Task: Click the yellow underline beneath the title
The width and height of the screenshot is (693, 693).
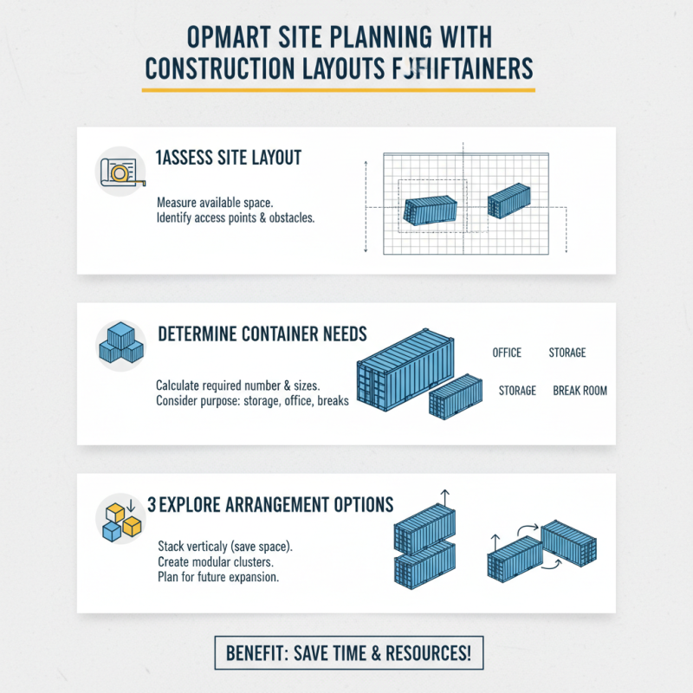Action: coord(338,88)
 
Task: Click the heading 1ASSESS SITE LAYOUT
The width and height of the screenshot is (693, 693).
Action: coord(229,158)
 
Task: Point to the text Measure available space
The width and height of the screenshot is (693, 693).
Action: coord(216,202)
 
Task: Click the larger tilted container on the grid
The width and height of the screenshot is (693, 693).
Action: coord(431,210)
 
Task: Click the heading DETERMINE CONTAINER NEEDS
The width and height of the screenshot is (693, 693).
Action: coord(262,334)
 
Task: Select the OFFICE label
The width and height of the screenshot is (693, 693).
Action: coord(507,353)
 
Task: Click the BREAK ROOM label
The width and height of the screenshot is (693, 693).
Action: coord(580,391)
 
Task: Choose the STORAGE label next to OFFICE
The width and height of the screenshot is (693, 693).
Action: coord(567,353)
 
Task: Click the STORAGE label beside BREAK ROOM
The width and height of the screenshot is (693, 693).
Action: coord(517,391)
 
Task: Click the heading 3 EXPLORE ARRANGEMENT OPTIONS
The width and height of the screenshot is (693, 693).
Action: coord(270,505)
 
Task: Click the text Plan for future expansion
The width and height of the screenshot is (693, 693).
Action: coord(217,578)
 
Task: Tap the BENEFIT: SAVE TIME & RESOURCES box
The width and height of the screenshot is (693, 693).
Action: coord(347,652)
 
